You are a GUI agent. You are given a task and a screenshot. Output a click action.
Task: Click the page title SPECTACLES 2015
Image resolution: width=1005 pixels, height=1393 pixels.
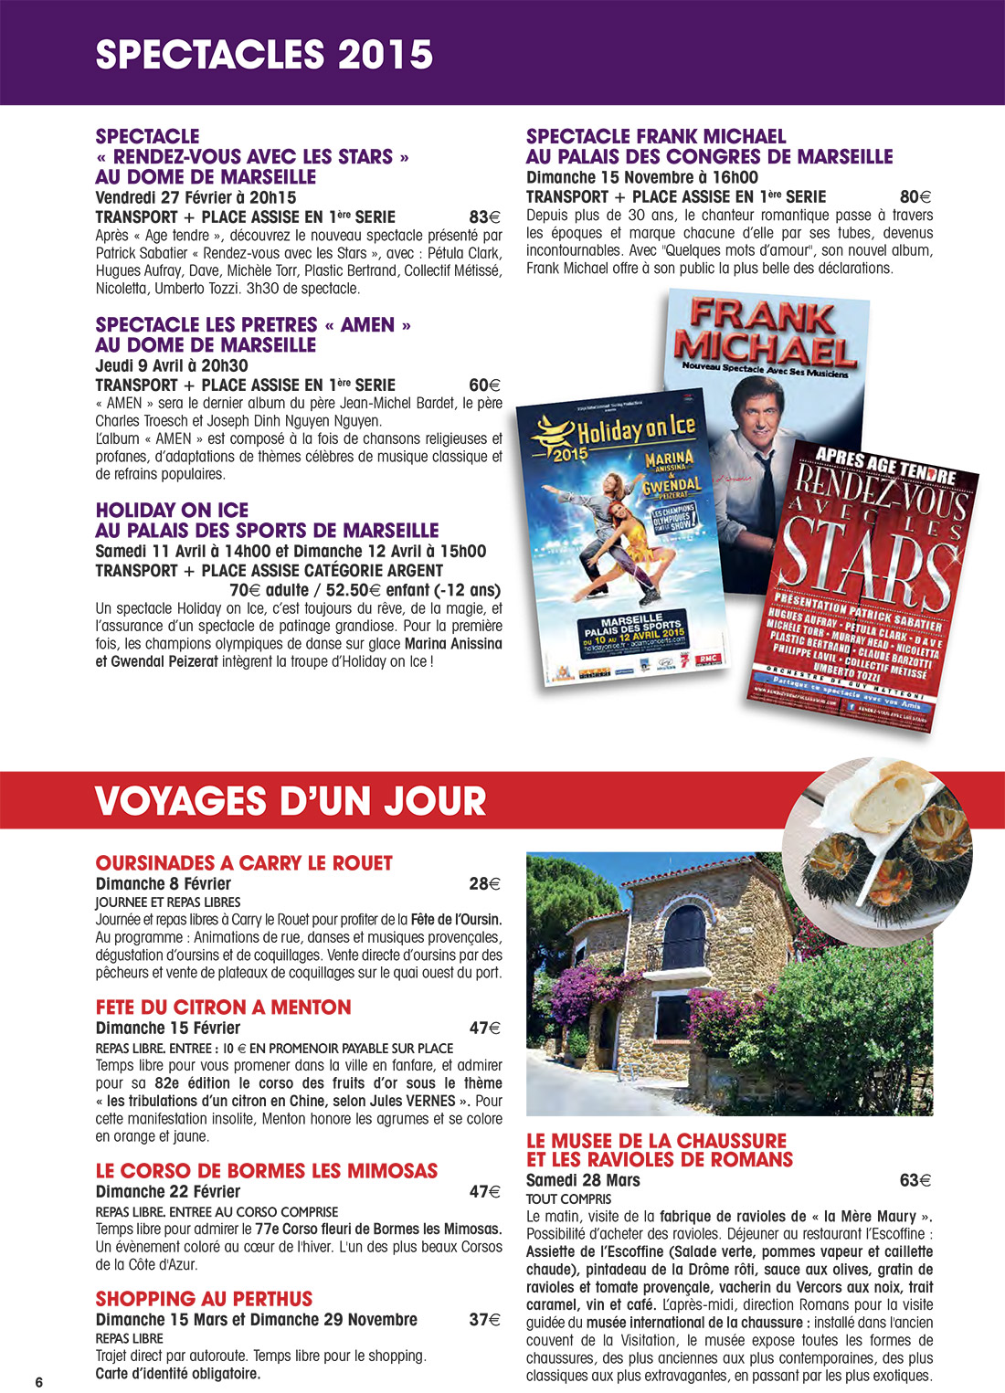pyautogui.click(x=264, y=55)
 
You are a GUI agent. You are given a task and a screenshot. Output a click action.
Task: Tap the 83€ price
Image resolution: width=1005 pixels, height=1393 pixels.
pyautogui.click(x=484, y=217)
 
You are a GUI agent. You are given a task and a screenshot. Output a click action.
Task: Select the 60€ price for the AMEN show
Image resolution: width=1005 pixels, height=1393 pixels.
pyautogui.click(x=484, y=385)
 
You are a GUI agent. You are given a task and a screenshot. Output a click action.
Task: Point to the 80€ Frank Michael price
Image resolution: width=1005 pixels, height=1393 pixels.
pyautogui.click(x=915, y=197)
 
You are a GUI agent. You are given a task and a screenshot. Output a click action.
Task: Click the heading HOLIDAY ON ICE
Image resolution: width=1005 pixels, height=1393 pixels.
pyautogui.click(x=172, y=511)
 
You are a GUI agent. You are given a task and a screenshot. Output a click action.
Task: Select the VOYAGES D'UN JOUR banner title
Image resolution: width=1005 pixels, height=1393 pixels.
pyautogui.click(x=291, y=801)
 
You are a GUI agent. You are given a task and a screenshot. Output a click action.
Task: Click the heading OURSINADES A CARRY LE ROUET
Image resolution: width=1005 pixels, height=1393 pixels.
pyautogui.click(x=244, y=863)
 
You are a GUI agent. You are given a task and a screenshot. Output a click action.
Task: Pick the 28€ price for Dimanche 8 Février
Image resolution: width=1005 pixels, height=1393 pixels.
pyautogui.click(x=484, y=884)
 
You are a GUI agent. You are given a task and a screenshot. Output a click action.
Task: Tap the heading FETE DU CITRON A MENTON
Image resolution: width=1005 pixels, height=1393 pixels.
pyautogui.click(x=223, y=1008)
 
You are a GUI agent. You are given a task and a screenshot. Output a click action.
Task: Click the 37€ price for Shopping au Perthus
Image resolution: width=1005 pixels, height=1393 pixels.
pyautogui.click(x=484, y=1320)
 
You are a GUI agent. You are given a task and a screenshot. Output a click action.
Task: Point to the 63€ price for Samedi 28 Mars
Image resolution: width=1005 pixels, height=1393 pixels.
pyautogui.click(x=915, y=1180)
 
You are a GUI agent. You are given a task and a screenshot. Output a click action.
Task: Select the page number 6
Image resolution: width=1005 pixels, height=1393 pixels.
pyautogui.click(x=39, y=1382)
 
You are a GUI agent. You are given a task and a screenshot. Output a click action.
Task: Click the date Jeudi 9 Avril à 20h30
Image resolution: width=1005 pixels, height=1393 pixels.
pyautogui.click(x=172, y=365)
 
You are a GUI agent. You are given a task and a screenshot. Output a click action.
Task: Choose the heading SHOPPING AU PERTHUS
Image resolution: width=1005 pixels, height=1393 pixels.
pyautogui.click(x=204, y=1299)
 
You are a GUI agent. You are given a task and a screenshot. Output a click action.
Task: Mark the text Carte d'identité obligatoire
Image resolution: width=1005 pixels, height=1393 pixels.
pyautogui.click(x=177, y=1374)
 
